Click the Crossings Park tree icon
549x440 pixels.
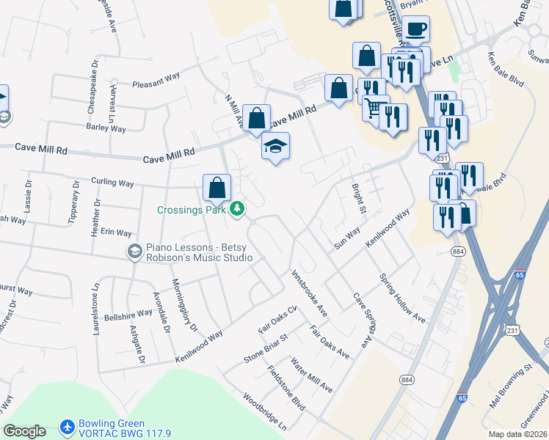pyautogui.click(x=237, y=210)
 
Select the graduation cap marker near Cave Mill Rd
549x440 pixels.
pyautogui.click(x=276, y=147)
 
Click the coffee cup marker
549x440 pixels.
pyautogui.click(x=415, y=30)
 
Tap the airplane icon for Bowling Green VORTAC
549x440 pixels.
pyautogui.click(x=68, y=428)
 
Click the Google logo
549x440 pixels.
pyautogui.click(x=24, y=431)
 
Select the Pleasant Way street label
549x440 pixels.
pyautogui.click(x=156, y=84)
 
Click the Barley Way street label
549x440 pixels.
pyautogui.click(x=106, y=128)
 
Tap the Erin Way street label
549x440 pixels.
pyautogui.click(x=116, y=232)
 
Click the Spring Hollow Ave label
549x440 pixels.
pyautogui.click(x=402, y=298)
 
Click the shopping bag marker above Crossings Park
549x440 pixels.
pyautogui.click(x=217, y=188)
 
